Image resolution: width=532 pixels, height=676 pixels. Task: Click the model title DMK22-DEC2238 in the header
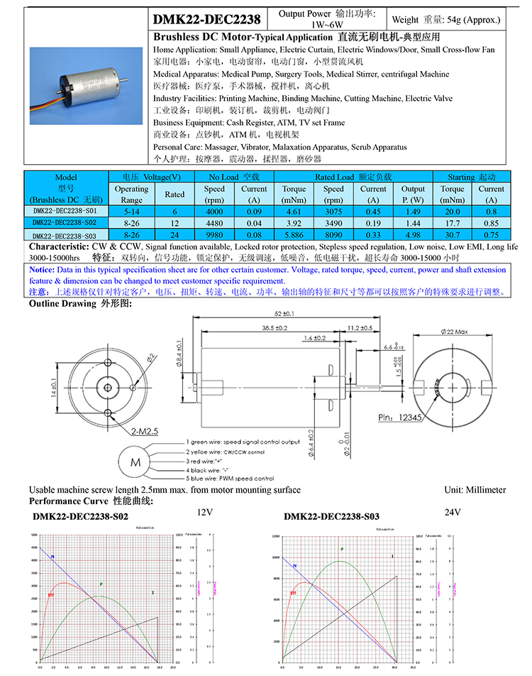206,19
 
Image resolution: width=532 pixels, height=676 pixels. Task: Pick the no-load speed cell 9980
214,235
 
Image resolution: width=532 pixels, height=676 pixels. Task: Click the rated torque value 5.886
294,235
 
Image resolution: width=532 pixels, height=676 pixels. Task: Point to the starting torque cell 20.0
453,211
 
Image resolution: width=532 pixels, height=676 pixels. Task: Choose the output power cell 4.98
414,235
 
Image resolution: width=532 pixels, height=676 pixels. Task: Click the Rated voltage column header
174,194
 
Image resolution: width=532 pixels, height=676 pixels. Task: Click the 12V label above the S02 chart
205,512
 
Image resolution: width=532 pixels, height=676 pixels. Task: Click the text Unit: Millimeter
475,490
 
